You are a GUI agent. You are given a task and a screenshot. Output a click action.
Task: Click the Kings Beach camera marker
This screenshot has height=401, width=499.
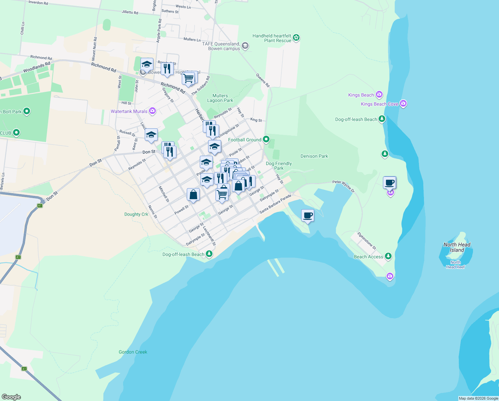pos(379,95)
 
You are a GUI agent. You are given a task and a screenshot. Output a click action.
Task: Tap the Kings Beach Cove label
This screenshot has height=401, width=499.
pos(379,104)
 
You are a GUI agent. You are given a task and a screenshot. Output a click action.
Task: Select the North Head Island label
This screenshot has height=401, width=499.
pos(457,247)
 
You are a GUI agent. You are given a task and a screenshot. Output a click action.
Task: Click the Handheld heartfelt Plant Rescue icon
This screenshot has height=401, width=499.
pos(296,38)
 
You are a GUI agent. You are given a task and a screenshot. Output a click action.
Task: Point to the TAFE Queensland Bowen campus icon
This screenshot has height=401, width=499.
pos(245,46)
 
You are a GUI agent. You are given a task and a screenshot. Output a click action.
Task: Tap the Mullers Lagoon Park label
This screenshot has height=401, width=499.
pos(220,98)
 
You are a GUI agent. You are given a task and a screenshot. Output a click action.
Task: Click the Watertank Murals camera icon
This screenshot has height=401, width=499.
pos(152,111)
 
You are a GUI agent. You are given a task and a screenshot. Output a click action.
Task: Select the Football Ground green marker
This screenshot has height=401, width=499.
pos(266,139)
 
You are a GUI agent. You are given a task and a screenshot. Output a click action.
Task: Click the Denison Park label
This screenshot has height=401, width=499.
pos(314,156)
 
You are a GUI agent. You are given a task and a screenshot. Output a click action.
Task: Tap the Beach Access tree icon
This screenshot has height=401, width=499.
pos(388,256)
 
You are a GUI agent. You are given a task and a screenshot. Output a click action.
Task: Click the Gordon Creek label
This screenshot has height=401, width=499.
pos(133,352)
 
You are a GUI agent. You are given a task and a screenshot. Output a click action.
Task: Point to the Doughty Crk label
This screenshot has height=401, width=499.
pos(136,214)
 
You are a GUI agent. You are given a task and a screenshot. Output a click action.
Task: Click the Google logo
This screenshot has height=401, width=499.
pos(11,397)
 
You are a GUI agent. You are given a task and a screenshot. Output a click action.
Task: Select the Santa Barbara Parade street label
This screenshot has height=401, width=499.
pos(275,204)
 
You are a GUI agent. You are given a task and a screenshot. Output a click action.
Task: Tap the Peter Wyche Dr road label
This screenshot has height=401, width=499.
pos(344,186)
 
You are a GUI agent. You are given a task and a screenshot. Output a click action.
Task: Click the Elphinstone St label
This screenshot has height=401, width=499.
pos(367,241)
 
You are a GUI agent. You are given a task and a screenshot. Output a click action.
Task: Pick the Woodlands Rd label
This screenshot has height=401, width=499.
pos(37,67)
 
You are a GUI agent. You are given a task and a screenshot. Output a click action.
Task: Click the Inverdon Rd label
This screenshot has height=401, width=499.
pos(38,3)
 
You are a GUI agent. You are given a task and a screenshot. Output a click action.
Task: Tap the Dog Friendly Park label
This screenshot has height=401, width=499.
pos(279,166)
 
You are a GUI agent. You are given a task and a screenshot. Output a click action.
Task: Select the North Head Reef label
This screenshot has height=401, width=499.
pos(455,265)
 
